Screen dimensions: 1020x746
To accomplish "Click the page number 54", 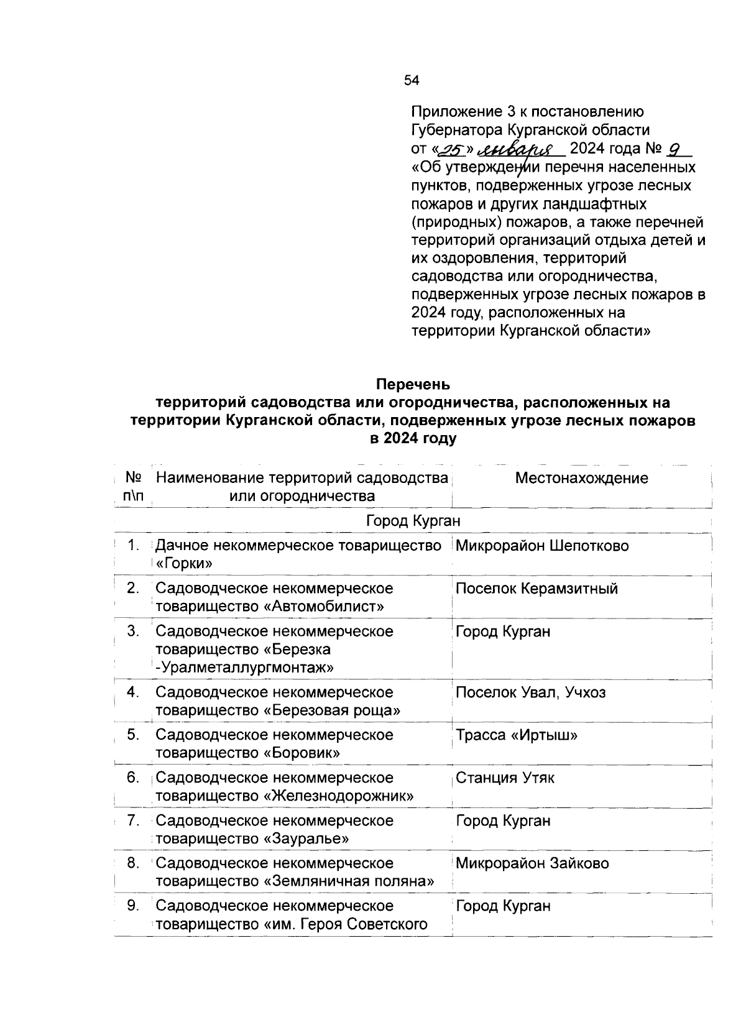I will coord(412,80).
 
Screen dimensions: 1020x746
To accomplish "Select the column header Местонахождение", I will coord(581,478).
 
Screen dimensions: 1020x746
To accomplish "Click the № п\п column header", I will coord(134,487).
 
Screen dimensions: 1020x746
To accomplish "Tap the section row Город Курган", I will coord(413,520).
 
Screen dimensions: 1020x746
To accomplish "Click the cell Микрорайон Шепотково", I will coord(542,546).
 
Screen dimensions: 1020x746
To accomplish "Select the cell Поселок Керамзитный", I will coord(536,589).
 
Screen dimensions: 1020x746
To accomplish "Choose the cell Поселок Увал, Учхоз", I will coord(530,692).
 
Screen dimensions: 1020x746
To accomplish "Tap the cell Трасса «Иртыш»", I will coord(517,735).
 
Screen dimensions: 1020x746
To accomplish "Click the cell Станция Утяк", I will coord(505,778).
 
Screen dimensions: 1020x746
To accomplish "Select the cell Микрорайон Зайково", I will coord(532,863).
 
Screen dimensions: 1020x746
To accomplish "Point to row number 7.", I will coord(132,821).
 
